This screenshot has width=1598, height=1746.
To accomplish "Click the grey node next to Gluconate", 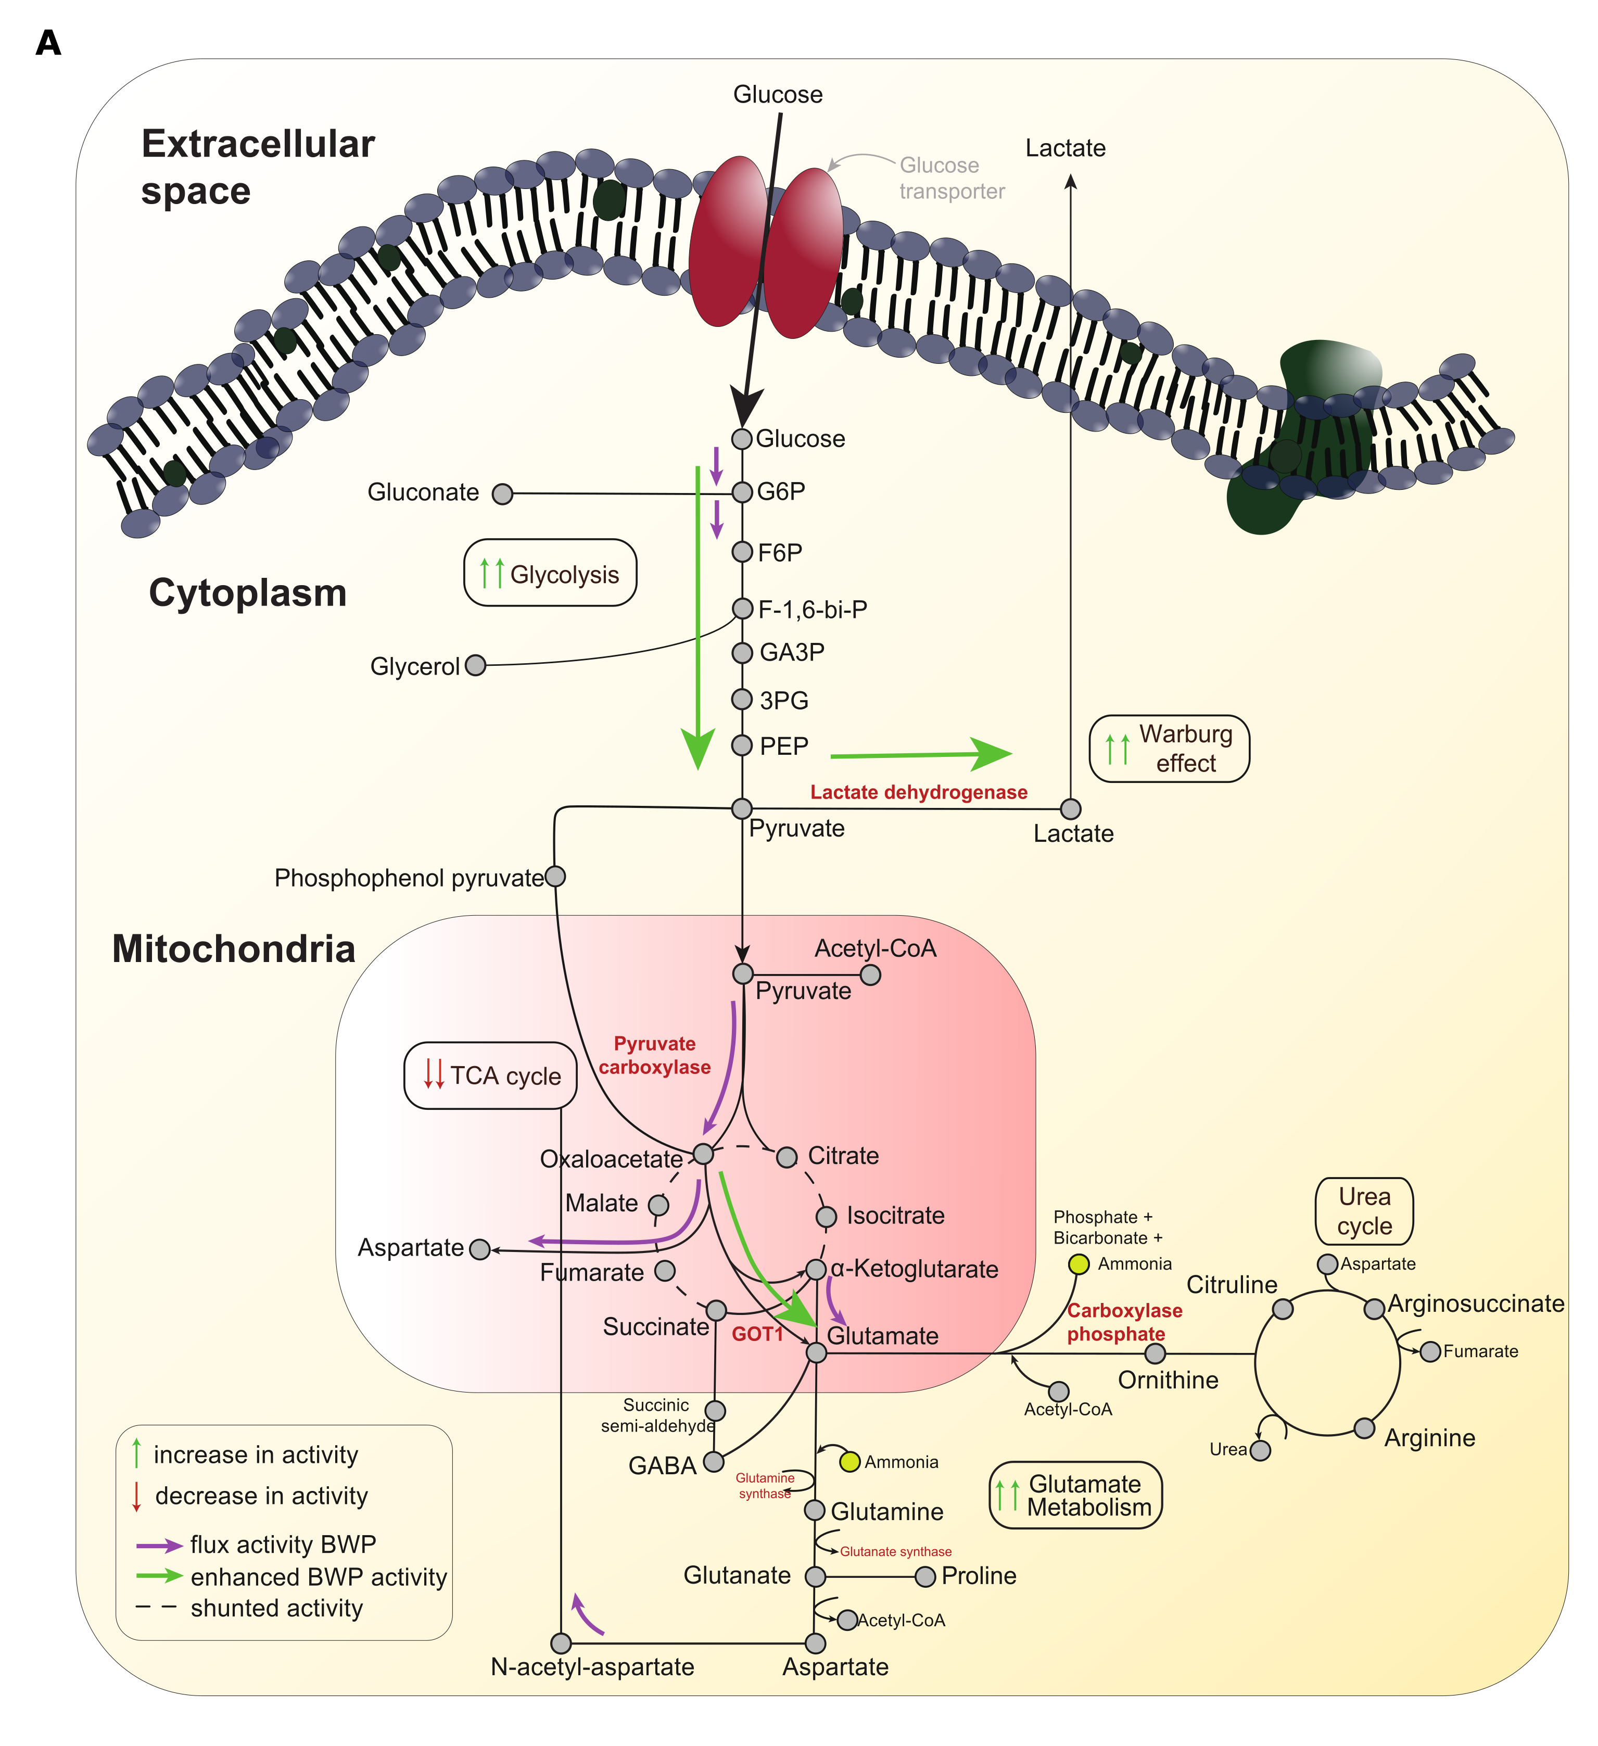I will coord(501,495).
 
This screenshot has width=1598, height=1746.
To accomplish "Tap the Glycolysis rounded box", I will coord(550,573).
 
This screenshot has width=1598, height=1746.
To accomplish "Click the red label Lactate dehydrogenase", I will coord(918,792).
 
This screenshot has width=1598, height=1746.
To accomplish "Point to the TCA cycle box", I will coord(490,1076).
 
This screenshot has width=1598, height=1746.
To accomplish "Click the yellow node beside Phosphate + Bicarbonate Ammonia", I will coord(1079,1264).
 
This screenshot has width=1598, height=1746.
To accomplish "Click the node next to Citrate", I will coord(787,1157).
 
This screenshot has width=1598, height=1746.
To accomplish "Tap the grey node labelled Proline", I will coord(925,1576).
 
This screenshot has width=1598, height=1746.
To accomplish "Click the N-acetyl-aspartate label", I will coord(592,1667).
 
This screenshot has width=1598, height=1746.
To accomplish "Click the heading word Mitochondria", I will coord(234,949).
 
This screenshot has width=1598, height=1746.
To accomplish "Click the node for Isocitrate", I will coord(826,1217).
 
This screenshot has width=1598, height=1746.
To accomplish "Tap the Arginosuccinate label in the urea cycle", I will coord(1475,1304).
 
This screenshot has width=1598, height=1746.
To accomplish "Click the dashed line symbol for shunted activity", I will coord(157,1608).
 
